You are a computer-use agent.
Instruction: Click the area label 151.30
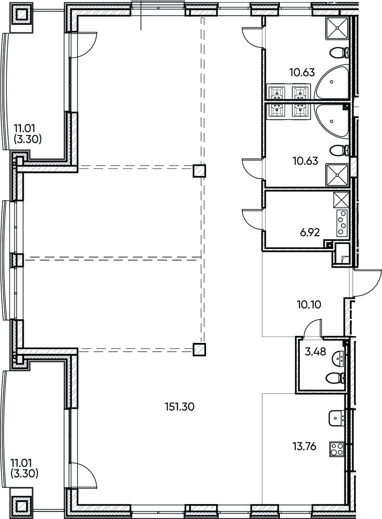179,407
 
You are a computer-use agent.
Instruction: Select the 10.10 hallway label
308,305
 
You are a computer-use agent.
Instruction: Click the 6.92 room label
310,232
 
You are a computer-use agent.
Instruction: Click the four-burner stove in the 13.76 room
337,449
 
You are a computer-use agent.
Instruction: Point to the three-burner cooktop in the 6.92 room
342,223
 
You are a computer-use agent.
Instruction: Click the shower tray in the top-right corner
337,28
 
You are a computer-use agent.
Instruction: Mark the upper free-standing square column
199,171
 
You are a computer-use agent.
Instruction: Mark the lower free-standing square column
199,349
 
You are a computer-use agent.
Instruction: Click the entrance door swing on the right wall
367,283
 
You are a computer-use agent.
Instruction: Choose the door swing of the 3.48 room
313,329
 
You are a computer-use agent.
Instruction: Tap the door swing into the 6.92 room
253,219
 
